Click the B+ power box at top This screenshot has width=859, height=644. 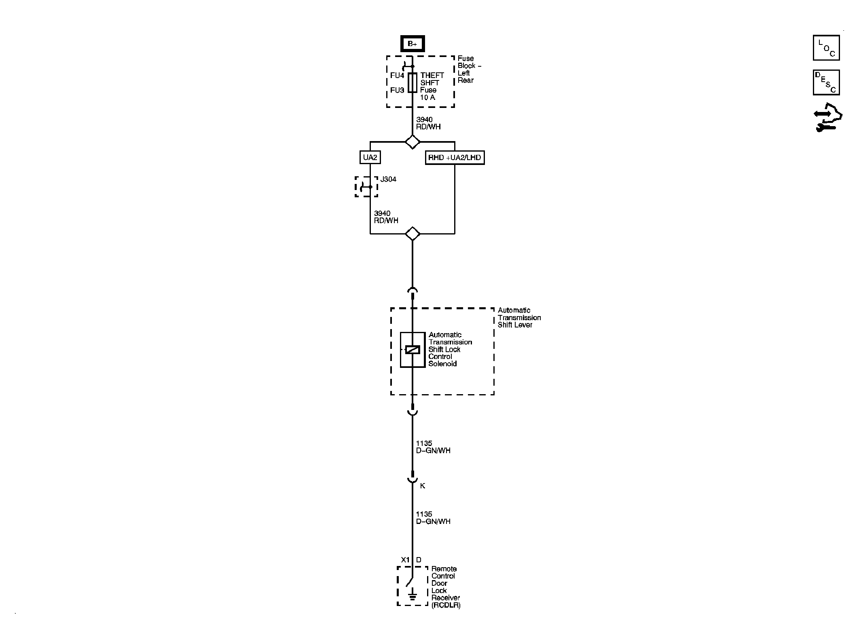412,44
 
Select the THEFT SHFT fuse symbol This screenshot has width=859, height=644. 412,82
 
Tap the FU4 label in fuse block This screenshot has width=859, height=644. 397,76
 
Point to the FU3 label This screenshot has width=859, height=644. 397,90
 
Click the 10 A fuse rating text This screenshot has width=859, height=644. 427,97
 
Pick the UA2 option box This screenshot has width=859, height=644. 370,157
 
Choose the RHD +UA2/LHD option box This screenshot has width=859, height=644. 455,157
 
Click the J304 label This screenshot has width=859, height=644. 388,179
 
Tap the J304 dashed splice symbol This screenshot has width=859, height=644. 366,187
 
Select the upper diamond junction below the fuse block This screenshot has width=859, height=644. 412,142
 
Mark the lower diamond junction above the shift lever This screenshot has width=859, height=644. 412,234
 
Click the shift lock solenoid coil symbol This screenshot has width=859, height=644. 412,350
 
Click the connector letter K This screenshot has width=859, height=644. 423,486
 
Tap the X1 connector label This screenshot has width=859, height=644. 405,560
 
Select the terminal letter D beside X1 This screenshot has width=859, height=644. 419,560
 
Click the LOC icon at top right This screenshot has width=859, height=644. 826,48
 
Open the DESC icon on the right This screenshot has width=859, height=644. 826,82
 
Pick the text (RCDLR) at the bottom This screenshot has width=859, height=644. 446,605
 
